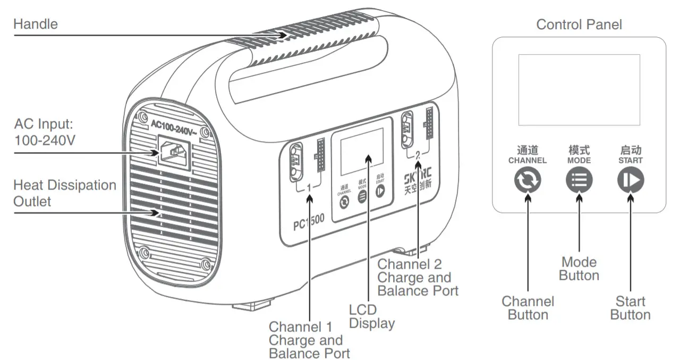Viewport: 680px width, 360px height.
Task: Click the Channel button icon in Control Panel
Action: tap(528, 181)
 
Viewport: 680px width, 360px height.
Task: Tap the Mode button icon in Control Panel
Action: tap(579, 181)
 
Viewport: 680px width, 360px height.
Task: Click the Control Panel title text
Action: tap(579, 24)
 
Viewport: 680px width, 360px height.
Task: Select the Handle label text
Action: tap(36, 24)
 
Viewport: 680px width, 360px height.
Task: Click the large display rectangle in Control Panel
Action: tap(579, 89)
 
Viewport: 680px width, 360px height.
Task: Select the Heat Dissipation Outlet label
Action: tap(64, 193)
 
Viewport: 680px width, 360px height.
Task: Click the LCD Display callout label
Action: tap(371, 316)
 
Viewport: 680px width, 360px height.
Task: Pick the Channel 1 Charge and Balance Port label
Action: tap(309, 340)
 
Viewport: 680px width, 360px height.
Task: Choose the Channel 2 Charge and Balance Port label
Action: tap(418, 277)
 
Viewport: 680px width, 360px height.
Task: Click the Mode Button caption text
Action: tap(579, 269)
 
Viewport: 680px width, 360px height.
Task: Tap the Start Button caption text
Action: tap(630, 308)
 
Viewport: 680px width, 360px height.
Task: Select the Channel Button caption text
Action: tap(528, 308)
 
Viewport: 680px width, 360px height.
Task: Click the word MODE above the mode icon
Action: tap(579, 160)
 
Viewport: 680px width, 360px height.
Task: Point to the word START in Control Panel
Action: tap(630, 160)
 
